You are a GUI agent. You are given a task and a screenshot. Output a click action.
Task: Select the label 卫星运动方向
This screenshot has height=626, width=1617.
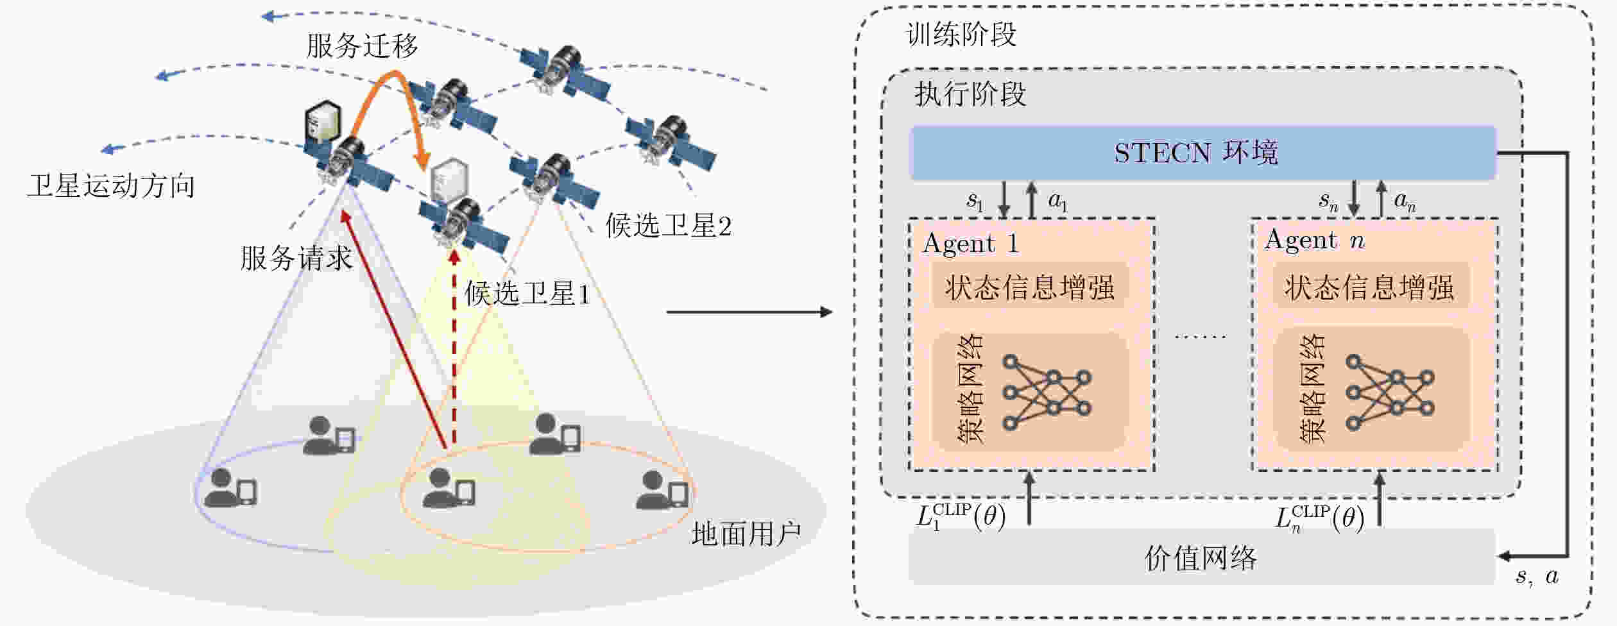tap(110, 186)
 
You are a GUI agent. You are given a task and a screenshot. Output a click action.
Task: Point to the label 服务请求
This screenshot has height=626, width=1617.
tap(296, 258)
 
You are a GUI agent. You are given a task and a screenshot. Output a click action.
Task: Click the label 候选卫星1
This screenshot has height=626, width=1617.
tap(527, 294)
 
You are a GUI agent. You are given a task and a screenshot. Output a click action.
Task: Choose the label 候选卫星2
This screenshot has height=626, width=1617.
tap(668, 226)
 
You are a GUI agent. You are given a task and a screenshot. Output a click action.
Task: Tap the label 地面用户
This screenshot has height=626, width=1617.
tap(746, 534)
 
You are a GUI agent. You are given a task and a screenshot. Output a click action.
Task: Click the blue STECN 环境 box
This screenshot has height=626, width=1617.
tap(1202, 153)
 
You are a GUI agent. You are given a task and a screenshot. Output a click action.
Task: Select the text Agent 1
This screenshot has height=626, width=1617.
tap(970, 244)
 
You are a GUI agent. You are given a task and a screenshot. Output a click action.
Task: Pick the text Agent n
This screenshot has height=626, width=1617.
tap(1314, 241)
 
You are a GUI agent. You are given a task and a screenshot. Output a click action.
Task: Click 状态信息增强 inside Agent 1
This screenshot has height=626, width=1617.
tap(1029, 287)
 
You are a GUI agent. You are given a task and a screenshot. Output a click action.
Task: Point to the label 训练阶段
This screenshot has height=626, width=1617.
tap(961, 35)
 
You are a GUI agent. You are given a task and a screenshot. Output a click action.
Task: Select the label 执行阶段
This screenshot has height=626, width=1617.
tap(970, 94)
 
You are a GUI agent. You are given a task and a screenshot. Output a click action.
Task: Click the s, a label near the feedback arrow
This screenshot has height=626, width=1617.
tap(1536, 577)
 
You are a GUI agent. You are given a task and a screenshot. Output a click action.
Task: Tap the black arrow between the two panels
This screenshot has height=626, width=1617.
tap(749, 312)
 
